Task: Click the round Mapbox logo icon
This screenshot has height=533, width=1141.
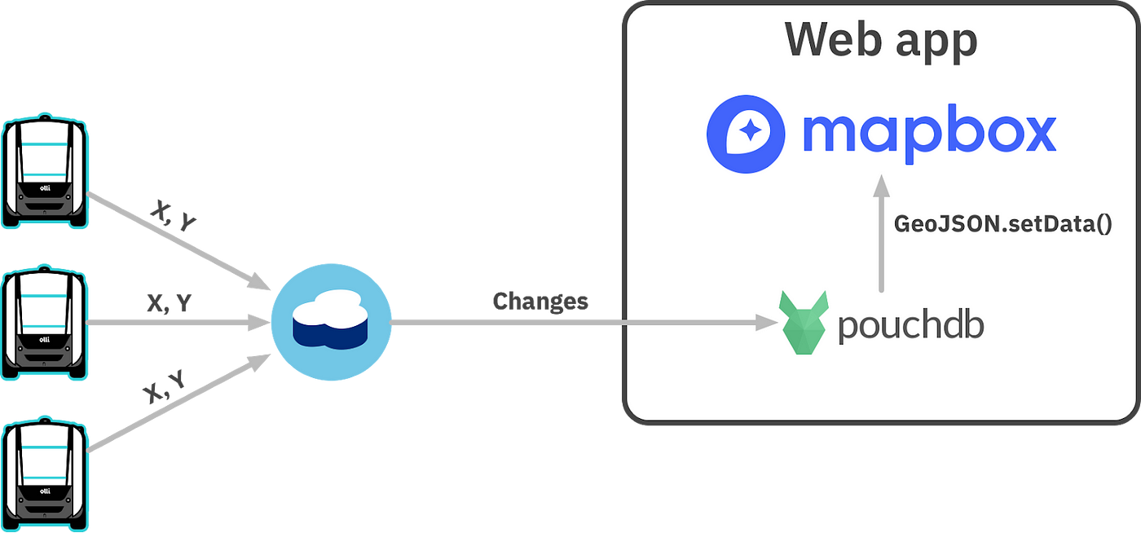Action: [746, 134]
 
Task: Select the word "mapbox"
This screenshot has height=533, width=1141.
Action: [928, 134]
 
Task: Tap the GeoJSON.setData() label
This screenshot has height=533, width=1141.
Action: [1002, 224]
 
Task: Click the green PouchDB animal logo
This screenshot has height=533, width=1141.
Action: [804, 324]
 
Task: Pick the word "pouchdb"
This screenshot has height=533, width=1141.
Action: [910, 325]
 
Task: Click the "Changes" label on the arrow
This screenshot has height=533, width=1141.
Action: [540, 302]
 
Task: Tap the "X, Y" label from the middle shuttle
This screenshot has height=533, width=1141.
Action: [169, 303]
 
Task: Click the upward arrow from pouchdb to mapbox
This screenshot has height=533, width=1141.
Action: [880, 236]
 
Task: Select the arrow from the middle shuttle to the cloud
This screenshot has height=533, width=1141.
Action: [179, 324]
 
